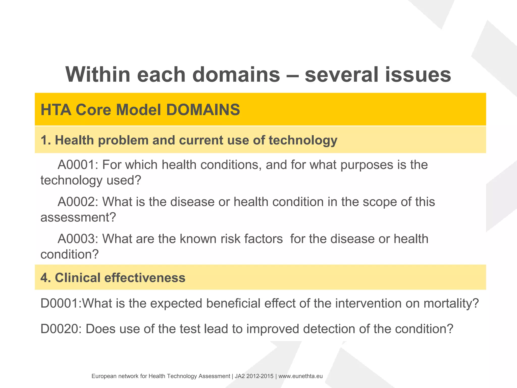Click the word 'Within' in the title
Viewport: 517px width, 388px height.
coord(98,75)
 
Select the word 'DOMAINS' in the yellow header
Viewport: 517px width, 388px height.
coord(203,110)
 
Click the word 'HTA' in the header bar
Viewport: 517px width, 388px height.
coord(56,110)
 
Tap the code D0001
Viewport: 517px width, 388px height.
coord(60,303)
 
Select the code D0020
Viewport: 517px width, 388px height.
coord(60,329)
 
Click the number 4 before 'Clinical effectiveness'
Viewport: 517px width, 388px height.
coord(44,278)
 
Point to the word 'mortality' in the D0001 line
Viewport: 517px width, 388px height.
coord(451,303)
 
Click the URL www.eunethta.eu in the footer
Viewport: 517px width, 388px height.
coord(300,376)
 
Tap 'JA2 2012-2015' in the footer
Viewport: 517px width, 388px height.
coord(254,376)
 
